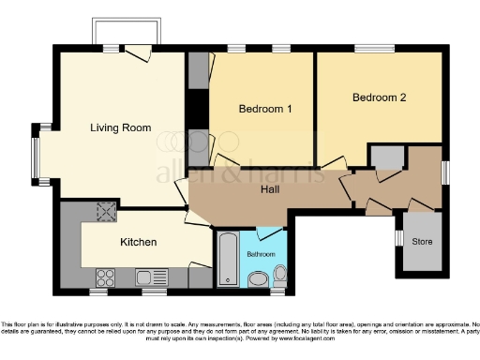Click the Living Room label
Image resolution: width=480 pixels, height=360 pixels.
click(121, 127)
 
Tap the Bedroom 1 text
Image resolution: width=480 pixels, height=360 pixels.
click(265, 109)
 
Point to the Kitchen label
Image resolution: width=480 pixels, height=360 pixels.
click(138, 242)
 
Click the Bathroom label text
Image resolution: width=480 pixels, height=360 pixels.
click(261, 254)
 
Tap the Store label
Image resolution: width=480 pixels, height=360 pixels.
click(422, 242)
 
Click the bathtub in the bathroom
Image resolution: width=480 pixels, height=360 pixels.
click(228, 259)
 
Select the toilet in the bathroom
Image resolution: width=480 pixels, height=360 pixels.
click(279, 275)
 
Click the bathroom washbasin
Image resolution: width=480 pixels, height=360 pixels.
click(259, 277)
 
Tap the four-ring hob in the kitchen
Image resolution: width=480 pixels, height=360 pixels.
click(106, 277)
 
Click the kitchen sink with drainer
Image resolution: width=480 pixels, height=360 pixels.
click(150, 277)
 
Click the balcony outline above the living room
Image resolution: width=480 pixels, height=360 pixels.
click(128, 30)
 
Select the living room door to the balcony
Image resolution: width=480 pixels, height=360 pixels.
click(140, 52)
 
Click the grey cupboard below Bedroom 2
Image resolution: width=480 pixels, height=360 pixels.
click(383, 156)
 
